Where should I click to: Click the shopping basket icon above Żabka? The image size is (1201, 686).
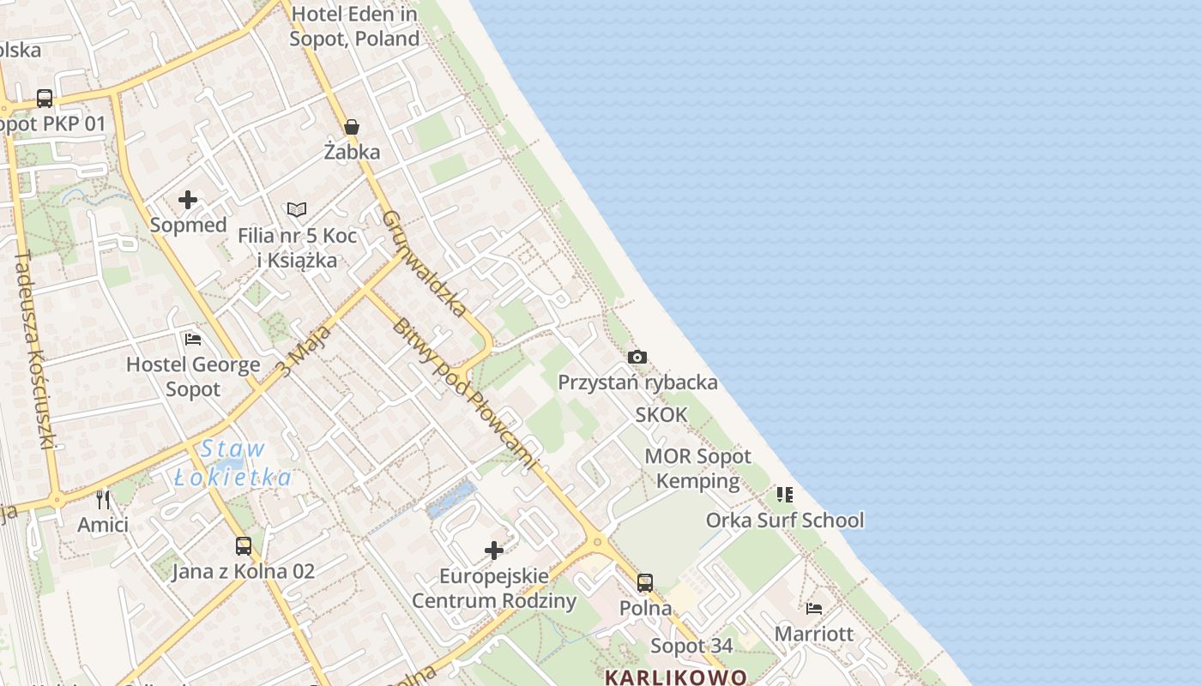pos(352,128)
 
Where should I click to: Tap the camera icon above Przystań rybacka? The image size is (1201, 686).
pos(637,357)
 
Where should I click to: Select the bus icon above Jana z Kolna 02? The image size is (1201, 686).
pos(244,545)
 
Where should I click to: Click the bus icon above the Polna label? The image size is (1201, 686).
pos(645,583)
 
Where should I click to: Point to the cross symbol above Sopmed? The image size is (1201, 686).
pos(188,201)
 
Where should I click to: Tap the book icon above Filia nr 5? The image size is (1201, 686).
pos(297,209)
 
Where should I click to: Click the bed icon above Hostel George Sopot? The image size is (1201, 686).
pos(193,340)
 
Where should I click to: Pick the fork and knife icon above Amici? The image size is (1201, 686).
pos(103,499)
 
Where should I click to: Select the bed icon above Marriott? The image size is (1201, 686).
pos(814,609)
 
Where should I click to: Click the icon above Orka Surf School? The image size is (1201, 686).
pos(785,495)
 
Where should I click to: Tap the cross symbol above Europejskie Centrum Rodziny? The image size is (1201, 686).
pos(494,550)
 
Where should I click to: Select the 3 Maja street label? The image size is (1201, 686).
pos(304,351)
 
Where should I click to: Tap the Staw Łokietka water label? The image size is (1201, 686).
pos(233,463)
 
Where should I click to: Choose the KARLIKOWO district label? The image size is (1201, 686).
pos(676,677)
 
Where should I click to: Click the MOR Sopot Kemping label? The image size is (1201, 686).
pos(697,468)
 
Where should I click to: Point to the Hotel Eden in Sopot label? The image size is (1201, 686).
pos(354,26)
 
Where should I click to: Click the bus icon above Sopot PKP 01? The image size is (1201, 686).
pos(45,99)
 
